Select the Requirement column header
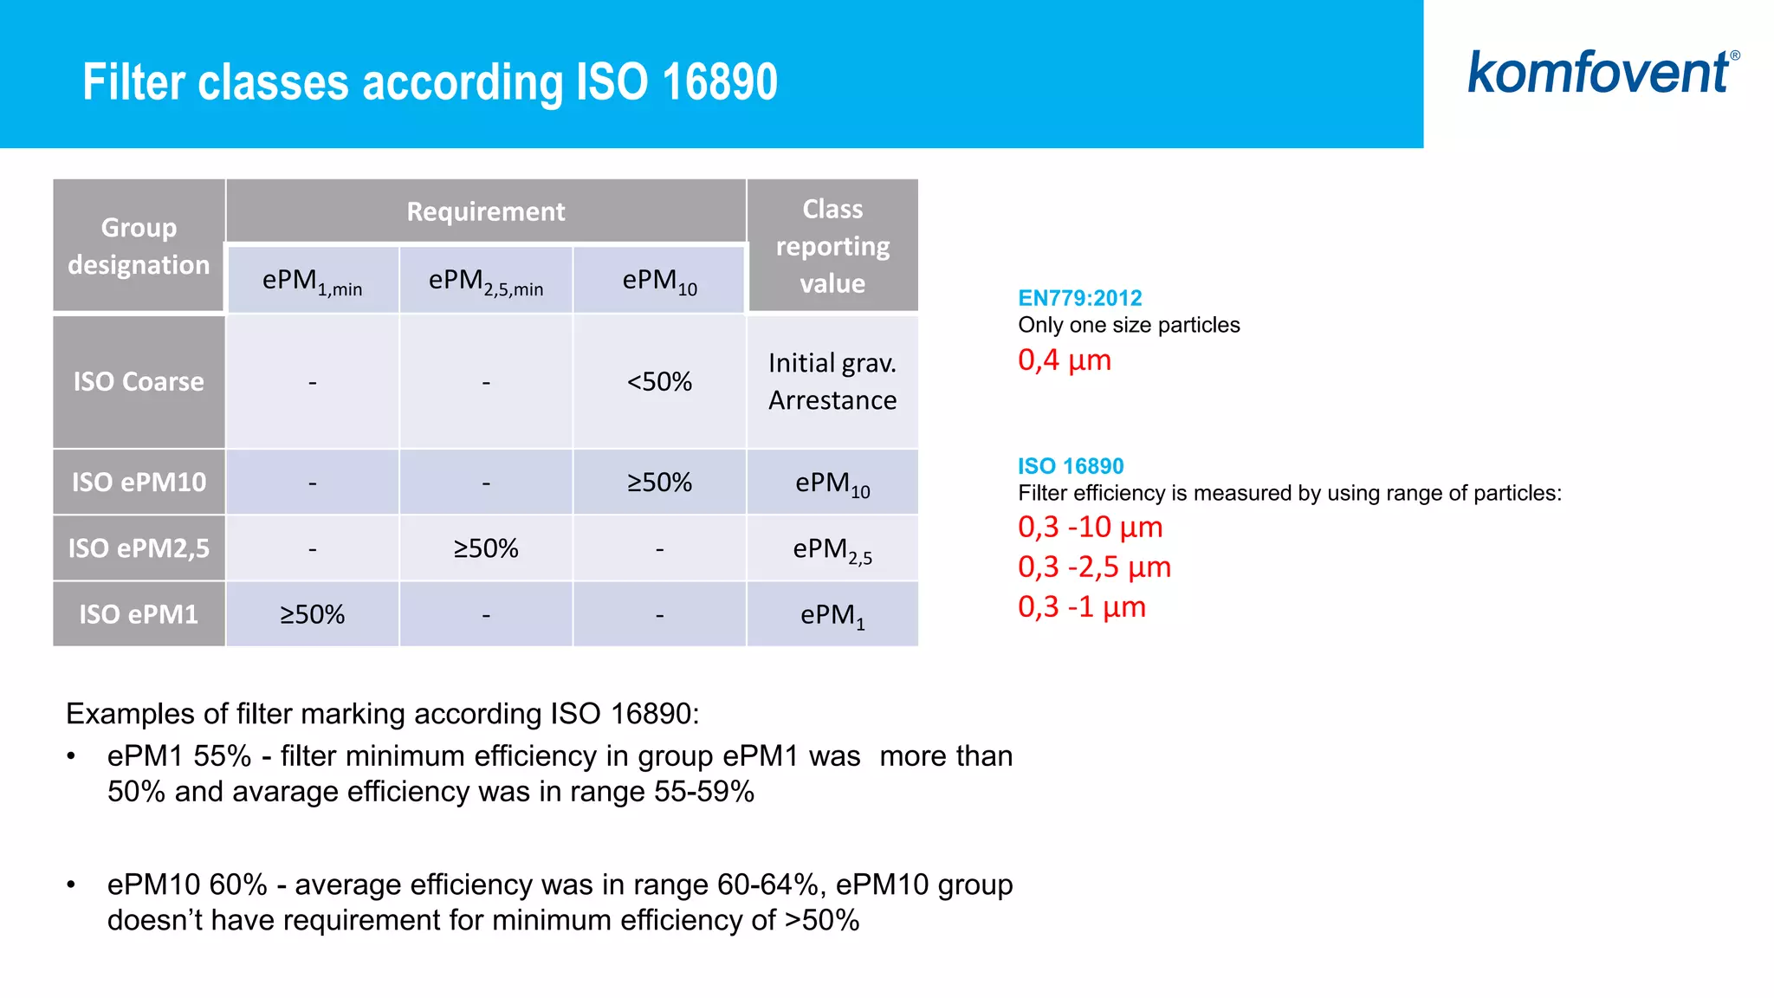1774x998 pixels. coord(485,211)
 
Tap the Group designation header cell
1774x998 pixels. coord(139,246)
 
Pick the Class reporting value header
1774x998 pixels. coord(832,246)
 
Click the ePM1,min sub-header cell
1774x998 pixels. coord(312,282)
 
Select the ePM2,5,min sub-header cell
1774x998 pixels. coord(486,282)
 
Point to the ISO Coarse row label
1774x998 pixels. coord(139,382)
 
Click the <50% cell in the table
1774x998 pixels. coord(659,382)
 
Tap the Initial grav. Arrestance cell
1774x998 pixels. coord(832,382)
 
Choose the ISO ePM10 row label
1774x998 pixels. coord(139,483)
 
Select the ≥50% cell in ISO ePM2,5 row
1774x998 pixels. coord(486,548)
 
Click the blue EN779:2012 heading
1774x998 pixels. coord(1079,298)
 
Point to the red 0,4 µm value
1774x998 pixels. coord(1064,360)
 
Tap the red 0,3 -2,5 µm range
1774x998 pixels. coord(1094,567)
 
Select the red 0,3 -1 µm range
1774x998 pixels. coord(1081,607)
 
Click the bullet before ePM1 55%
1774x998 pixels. coord(72,757)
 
